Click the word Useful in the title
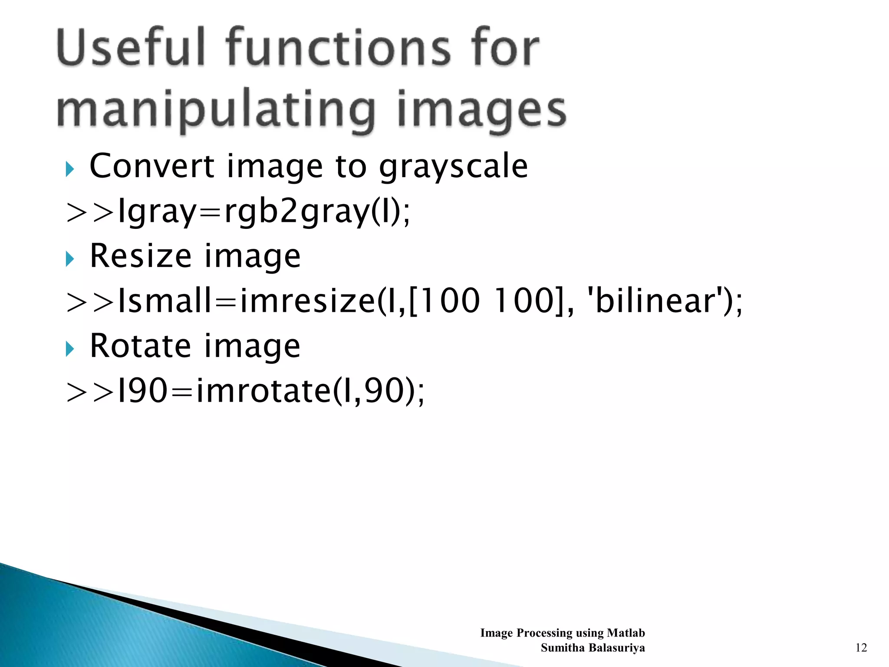pyautogui.click(x=130, y=48)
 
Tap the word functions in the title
pyautogui.click(x=339, y=48)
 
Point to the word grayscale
pyautogui.click(x=454, y=168)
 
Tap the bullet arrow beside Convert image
pyautogui.click(x=70, y=169)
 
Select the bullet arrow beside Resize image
pyautogui.click(x=70, y=259)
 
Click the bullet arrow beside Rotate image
pyautogui.click(x=70, y=349)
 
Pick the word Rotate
pyautogui.click(x=140, y=346)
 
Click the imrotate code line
pyautogui.click(x=245, y=391)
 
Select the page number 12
pyautogui.click(x=861, y=647)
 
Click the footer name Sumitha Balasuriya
pyautogui.click(x=593, y=647)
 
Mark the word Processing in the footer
pyautogui.click(x=545, y=633)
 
